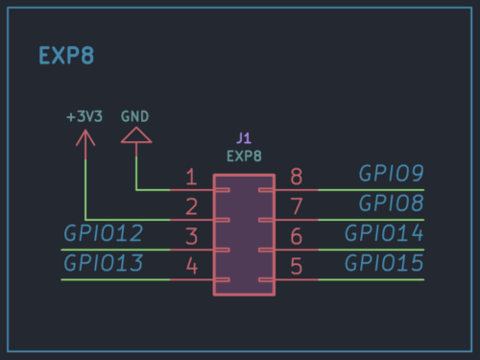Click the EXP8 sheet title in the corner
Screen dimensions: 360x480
tap(65, 55)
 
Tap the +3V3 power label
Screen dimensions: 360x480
tap(84, 116)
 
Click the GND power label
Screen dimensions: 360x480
tap(135, 116)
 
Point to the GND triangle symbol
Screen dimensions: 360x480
tap(136, 137)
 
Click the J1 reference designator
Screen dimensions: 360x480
tap(244, 139)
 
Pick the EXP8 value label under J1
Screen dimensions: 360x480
tap(244, 155)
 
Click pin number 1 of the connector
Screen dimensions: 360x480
tap(191, 177)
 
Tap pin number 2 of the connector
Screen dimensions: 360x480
tap(191, 206)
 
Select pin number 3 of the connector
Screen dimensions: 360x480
tap(191, 236)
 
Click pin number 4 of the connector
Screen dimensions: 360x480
tap(191, 266)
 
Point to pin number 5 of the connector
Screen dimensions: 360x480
tap(297, 266)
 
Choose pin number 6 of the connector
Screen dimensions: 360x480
tap(297, 236)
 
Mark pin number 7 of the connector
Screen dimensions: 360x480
tap(297, 206)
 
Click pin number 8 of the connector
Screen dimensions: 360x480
tap(297, 177)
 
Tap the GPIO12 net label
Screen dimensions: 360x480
tap(104, 233)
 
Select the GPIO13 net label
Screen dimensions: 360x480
tap(104, 263)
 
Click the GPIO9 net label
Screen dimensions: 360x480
tap(391, 174)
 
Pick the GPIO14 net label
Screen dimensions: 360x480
tap(384, 233)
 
